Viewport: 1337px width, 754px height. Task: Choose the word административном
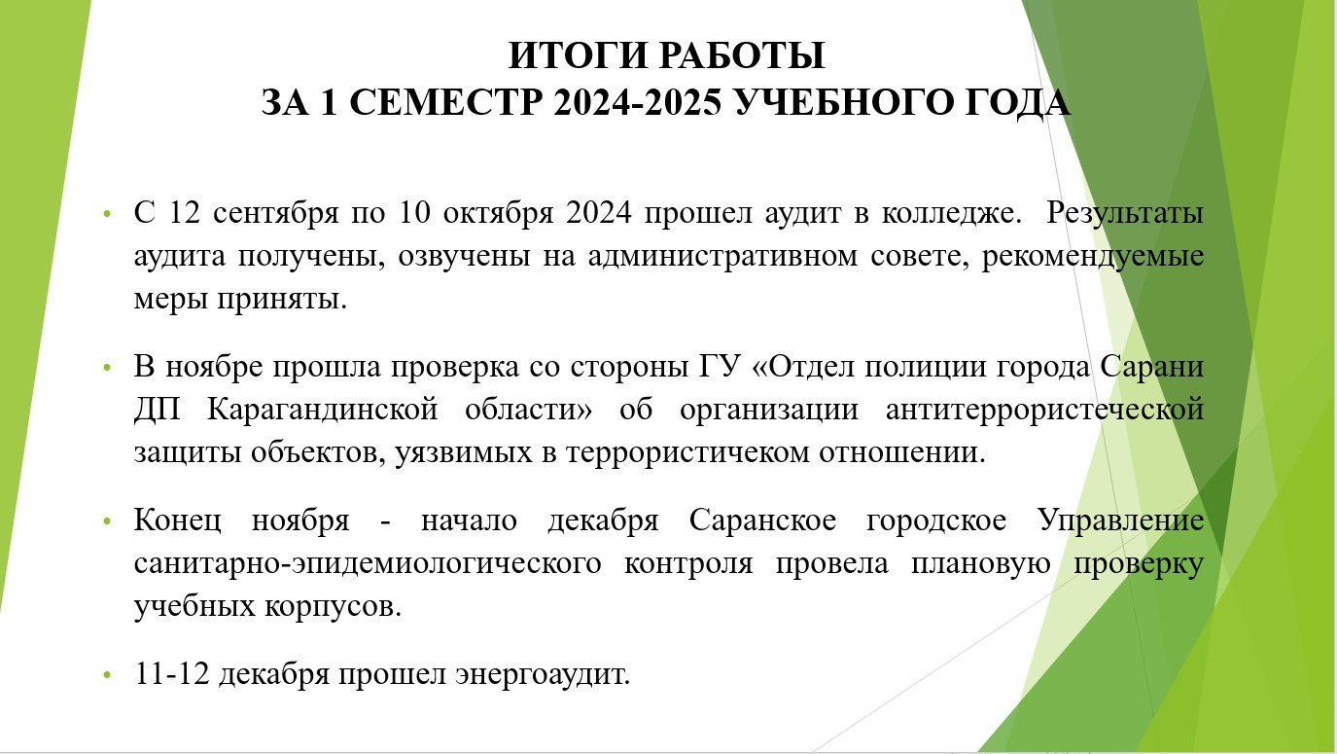tap(722, 257)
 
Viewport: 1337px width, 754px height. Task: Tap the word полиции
tap(925, 367)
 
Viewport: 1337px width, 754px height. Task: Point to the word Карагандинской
tap(322, 411)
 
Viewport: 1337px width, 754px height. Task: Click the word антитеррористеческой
tap(1044, 411)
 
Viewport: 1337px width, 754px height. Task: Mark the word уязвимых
tap(463, 453)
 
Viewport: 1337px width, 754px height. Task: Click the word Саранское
tap(762, 520)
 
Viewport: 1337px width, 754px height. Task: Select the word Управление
tap(1120, 521)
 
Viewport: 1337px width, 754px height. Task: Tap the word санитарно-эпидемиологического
tap(368, 563)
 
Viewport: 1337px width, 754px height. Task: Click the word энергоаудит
tap(543, 674)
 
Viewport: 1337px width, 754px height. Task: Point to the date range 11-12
tap(172, 673)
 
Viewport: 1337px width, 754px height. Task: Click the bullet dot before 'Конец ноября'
tap(107, 521)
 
